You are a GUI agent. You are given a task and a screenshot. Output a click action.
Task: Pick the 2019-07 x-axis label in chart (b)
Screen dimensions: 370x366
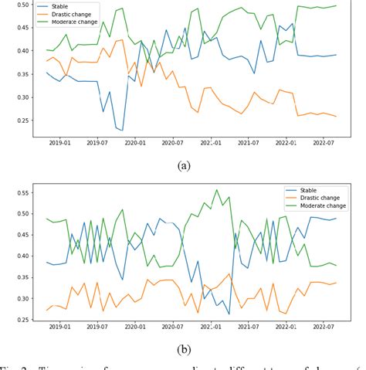tap(97, 328)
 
